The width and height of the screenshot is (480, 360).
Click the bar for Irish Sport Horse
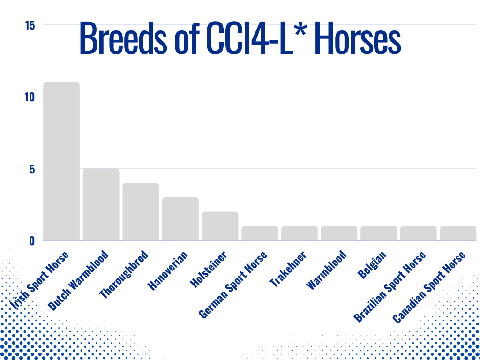61,161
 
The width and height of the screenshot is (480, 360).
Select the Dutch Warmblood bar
101,204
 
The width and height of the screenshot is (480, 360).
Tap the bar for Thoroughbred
141,212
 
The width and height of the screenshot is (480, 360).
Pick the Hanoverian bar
180,219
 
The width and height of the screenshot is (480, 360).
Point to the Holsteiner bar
220,226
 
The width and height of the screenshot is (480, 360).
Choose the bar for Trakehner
300,233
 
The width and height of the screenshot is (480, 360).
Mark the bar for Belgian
379,233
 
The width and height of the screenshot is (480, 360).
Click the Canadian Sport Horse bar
458,233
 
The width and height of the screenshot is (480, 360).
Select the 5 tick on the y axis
32,169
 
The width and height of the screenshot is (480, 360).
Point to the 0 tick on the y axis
32,240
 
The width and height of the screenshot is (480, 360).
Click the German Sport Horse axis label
233,285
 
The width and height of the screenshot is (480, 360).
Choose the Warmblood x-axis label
327,270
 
